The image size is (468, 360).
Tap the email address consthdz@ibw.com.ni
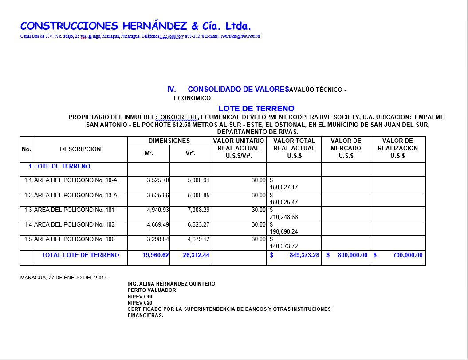click(x=240, y=36)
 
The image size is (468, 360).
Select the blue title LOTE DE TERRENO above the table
click(x=256, y=108)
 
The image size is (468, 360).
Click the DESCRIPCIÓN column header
click(x=80, y=149)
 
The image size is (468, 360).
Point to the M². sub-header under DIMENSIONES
click(x=149, y=153)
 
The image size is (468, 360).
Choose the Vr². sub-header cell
click(x=190, y=153)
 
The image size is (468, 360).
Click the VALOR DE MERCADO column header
click(x=346, y=148)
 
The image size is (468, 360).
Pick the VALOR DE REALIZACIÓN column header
click(x=397, y=148)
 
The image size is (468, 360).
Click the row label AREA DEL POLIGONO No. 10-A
click(x=75, y=180)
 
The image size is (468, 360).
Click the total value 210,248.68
click(x=284, y=217)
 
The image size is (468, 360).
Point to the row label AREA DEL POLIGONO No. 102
click(x=74, y=224)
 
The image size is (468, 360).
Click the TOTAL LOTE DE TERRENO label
click(x=80, y=255)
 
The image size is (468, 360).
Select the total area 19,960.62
click(x=156, y=255)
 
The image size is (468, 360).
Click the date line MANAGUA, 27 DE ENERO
click(x=64, y=278)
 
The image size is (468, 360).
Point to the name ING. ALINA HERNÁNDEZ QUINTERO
click(x=171, y=284)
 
